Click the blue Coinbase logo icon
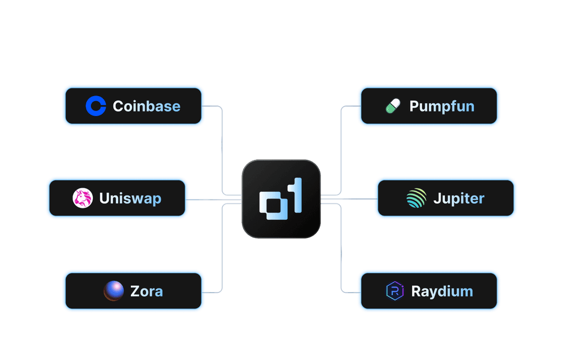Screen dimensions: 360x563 click(x=96, y=106)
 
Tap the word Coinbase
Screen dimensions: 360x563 click(x=146, y=106)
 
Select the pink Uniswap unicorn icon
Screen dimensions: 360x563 click(x=82, y=198)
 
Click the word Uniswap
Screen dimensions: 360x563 click(x=130, y=198)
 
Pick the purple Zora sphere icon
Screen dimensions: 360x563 click(x=114, y=291)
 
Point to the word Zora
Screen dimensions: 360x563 click(x=146, y=291)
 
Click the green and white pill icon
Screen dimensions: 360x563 click(x=393, y=106)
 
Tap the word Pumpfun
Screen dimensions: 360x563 click(x=441, y=106)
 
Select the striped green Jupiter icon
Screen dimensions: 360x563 click(x=416, y=198)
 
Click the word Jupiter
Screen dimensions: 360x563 click(x=459, y=198)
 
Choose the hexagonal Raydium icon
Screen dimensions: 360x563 click(x=395, y=291)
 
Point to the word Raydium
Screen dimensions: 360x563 click(x=442, y=291)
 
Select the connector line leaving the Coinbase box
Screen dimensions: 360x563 click(x=213, y=106)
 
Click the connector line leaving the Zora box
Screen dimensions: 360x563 click(x=213, y=291)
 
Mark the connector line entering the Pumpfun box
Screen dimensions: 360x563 click(x=350, y=106)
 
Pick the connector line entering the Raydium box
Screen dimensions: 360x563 click(x=350, y=291)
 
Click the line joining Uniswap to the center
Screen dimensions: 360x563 click(x=214, y=199)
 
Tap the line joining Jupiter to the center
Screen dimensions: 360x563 click(x=347, y=198)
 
